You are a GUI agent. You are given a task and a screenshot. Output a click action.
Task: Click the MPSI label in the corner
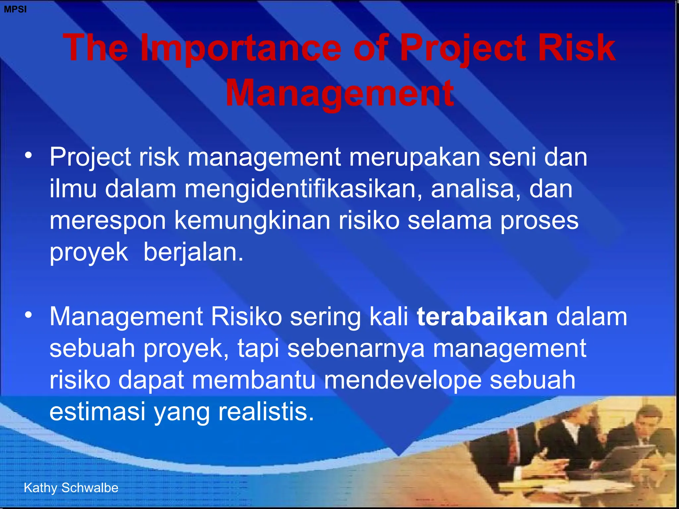point(15,9)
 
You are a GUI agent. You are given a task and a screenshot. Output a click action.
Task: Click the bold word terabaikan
point(482,316)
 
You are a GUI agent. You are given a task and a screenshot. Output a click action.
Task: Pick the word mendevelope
point(402,380)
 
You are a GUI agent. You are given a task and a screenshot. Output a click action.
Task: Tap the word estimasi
point(97,412)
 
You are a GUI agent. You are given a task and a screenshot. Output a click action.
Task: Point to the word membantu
point(254,380)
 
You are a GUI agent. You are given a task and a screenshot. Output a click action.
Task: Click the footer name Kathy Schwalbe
point(71,488)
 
